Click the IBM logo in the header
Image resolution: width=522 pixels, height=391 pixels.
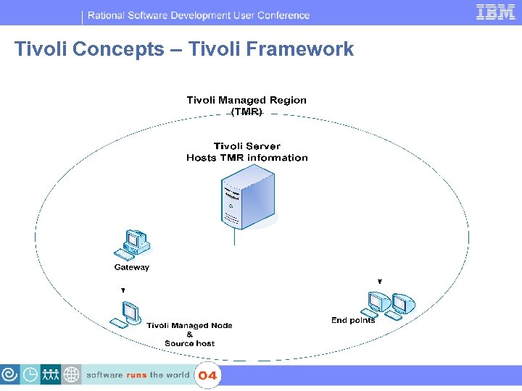[495, 12]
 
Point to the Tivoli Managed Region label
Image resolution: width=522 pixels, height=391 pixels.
[246, 100]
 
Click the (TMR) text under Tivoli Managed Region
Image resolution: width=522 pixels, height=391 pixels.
[246, 112]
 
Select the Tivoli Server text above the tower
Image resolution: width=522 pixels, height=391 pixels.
[246, 146]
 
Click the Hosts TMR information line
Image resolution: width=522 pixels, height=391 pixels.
[246, 158]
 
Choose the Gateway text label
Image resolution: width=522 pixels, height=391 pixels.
[132, 267]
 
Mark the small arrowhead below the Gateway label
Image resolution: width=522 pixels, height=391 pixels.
[123, 290]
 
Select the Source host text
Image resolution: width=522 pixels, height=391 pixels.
[189, 343]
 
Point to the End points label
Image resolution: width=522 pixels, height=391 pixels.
[353, 320]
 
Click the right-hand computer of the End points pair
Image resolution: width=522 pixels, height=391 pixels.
[401, 305]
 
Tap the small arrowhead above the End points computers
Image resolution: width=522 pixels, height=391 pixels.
[380, 281]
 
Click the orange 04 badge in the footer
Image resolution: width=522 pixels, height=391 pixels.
[207, 375]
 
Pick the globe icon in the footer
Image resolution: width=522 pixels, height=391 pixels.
[71, 374]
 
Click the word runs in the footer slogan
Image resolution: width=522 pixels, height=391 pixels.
[136, 375]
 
